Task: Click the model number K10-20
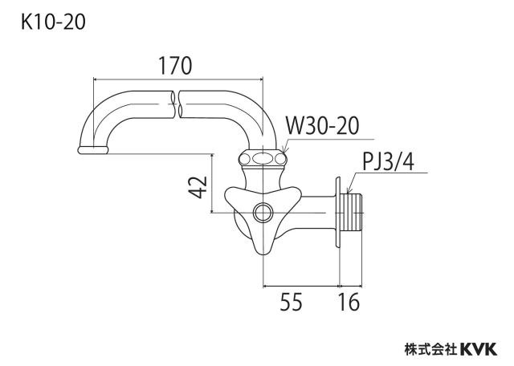coord(53,22)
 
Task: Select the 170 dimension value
coord(175,66)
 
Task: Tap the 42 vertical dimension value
coord(199,187)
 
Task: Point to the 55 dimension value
coord(291,302)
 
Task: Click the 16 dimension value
coord(349,302)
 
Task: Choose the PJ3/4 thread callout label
coord(388,161)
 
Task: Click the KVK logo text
coord(479,349)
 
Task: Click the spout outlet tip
coord(93,150)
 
